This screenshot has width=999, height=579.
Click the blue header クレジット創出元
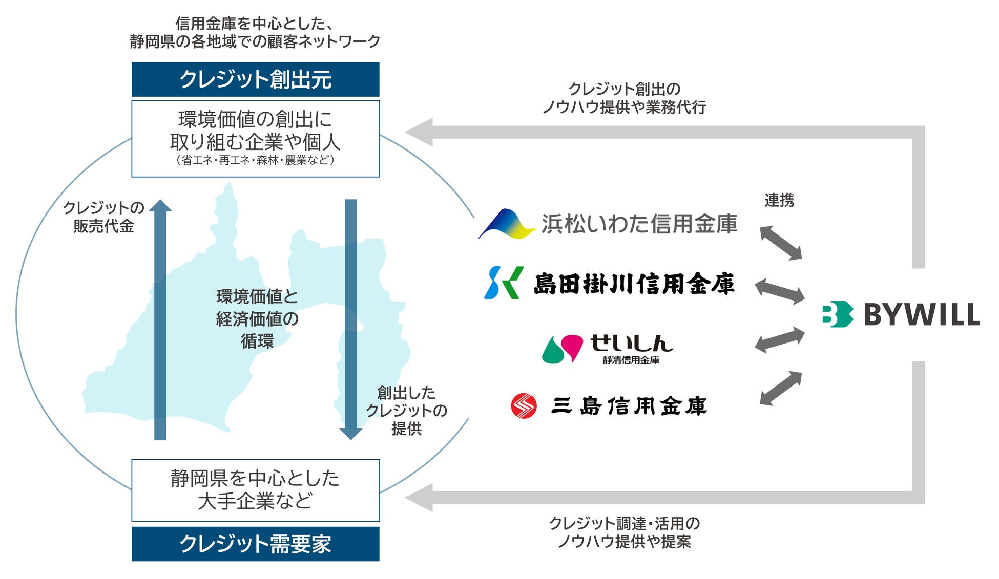[255, 79]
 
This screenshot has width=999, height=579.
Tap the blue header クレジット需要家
[255, 544]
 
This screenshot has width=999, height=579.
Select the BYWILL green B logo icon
[837, 314]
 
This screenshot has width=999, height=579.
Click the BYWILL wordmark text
[921, 314]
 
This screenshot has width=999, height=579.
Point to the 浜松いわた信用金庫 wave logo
[506, 224]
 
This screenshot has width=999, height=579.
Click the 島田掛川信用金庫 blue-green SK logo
[503, 283]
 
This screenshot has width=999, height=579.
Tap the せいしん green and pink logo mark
[563, 349]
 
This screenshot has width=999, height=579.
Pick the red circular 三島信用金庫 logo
[524, 406]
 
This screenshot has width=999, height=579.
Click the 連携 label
[779, 200]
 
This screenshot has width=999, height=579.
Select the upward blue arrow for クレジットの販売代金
[160, 320]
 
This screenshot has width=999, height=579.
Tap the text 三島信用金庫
[629, 406]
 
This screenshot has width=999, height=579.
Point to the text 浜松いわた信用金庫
[639, 224]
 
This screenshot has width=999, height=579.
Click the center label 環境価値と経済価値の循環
[257, 318]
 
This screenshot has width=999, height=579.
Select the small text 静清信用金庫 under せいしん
[631, 360]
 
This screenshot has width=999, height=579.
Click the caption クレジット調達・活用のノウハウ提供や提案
[624, 532]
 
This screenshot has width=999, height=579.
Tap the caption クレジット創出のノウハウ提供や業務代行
[624, 98]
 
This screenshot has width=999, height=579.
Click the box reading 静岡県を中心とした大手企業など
[255, 490]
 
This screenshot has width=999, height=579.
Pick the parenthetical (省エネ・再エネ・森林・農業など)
[255, 160]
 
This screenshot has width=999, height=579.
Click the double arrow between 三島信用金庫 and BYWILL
[780, 388]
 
